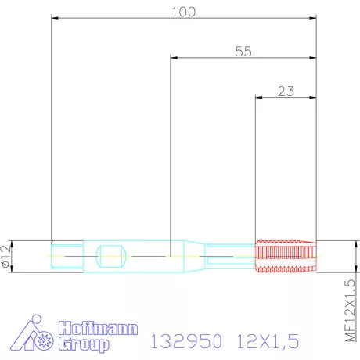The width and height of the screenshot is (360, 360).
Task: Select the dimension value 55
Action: coord(243,51)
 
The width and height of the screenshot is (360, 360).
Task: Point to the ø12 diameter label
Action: coord(7,255)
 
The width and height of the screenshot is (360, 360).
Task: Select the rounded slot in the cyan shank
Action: coord(111,255)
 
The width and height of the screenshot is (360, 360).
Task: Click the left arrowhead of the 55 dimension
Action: coord(173,57)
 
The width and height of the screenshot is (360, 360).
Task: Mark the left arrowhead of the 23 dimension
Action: coord(260,97)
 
